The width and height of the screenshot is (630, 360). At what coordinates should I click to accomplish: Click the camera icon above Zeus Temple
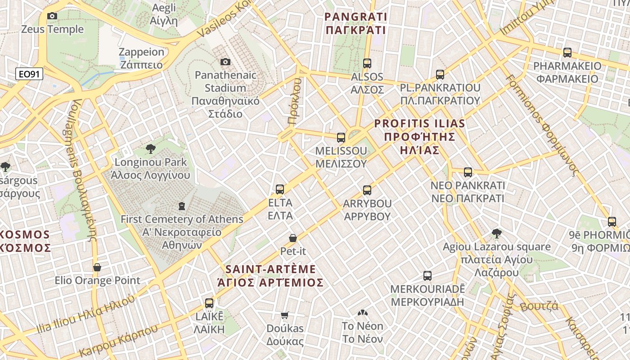coord(52,16)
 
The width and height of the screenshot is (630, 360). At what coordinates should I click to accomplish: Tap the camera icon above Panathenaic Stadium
coord(225,62)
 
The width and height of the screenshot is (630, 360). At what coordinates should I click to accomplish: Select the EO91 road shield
coord(29,74)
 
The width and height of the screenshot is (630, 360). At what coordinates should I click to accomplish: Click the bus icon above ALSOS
coord(367,63)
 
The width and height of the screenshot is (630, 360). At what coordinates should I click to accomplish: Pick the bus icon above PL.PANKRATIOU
coord(440,74)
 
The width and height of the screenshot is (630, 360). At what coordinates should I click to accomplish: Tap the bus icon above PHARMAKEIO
coord(567,53)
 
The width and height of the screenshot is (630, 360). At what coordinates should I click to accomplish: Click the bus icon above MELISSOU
coord(341,137)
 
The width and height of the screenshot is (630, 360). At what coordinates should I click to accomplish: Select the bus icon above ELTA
coord(280,189)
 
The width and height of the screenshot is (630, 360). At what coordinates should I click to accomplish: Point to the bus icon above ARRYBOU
coord(367,190)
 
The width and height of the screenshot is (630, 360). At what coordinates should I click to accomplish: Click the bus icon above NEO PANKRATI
coord(468,172)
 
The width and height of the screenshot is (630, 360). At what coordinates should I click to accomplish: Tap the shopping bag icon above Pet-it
coord(293,238)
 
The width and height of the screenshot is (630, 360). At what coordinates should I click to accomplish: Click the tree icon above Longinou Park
coord(151,149)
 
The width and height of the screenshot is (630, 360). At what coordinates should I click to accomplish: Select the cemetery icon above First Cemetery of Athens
coord(182,207)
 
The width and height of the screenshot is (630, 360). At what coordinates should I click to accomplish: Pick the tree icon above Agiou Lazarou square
coord(497,234)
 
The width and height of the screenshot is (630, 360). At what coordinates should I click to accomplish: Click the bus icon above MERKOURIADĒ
coord(427,276)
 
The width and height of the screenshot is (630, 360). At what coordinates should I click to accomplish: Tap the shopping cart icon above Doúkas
coord(284,315)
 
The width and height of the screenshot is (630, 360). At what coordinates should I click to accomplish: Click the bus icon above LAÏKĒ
coord(209,303)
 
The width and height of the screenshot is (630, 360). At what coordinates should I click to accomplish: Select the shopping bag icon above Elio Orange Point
coord(97,267)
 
